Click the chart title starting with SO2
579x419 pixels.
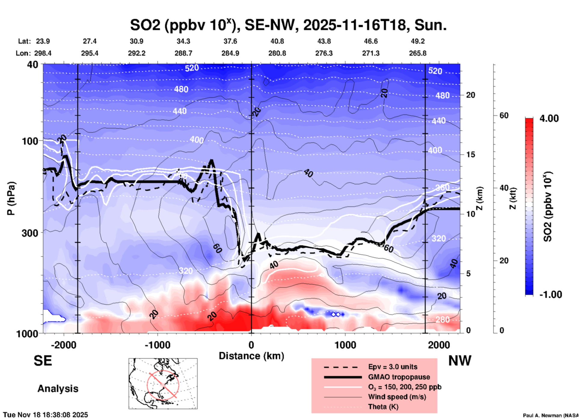click(288, 25)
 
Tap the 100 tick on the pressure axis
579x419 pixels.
click(30, 141)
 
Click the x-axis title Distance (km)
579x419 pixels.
click(251, 356)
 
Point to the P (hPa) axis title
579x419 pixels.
click(11, 198)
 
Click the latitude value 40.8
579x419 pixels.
click(277, 41)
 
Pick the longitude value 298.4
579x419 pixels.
click(43, 53)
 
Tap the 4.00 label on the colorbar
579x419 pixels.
click(549, 118)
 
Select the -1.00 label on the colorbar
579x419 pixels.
click(550, 295)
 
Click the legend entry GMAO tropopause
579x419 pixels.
click(399, 377)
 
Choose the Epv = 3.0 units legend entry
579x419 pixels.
click(393, 367)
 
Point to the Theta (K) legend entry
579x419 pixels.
click(383, 407)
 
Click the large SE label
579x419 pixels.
click(43, 361)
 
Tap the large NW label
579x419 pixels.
click(460, 361)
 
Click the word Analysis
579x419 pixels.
click(58, 389)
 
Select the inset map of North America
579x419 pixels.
click(163, 384)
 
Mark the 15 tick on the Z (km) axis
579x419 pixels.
click(470, 154)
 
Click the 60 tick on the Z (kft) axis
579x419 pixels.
click(504, 115)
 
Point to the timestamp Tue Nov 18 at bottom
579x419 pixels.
click(46, 415)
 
